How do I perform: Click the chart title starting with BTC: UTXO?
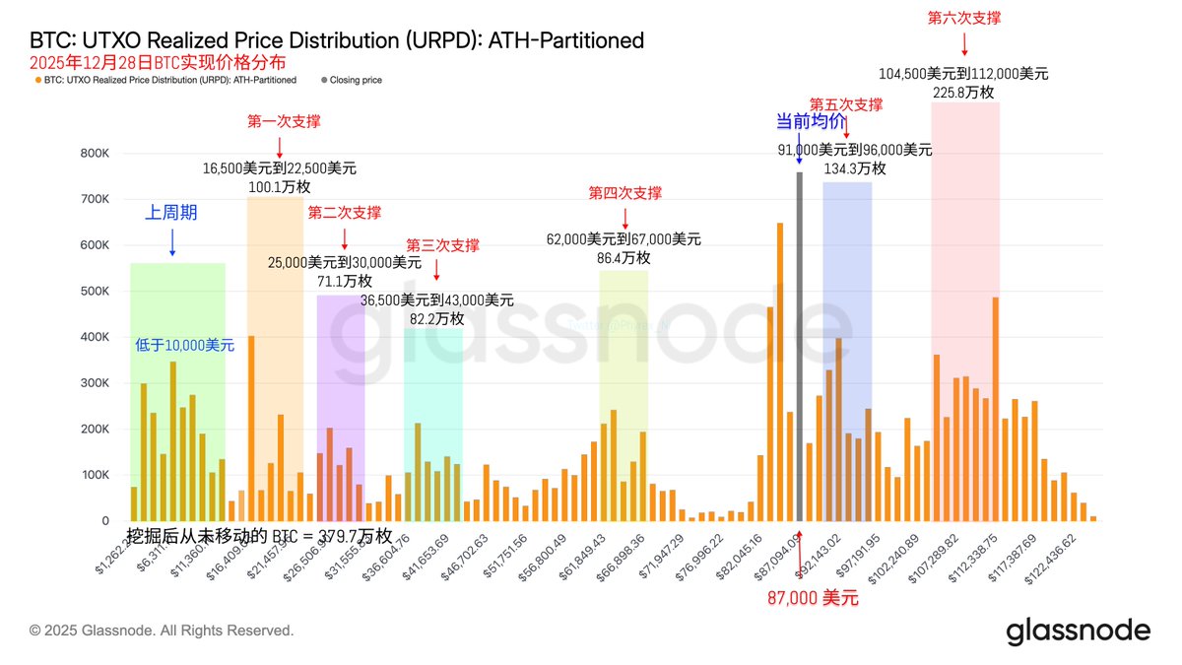point(337,40)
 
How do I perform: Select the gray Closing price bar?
point(799,345)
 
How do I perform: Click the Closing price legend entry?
point(356,80)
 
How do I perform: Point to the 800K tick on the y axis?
point(94,154)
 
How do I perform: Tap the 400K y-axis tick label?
point(94,337)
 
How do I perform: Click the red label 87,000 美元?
point(814,597)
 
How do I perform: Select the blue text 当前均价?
point(811,122)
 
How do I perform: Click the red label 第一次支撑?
point(284,122)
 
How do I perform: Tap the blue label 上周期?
point(171,212)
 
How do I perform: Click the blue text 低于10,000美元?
point(184,346)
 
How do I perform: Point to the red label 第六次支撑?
point(964,18)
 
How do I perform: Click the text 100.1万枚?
point(280,187)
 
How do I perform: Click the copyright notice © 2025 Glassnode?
point(162,631)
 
